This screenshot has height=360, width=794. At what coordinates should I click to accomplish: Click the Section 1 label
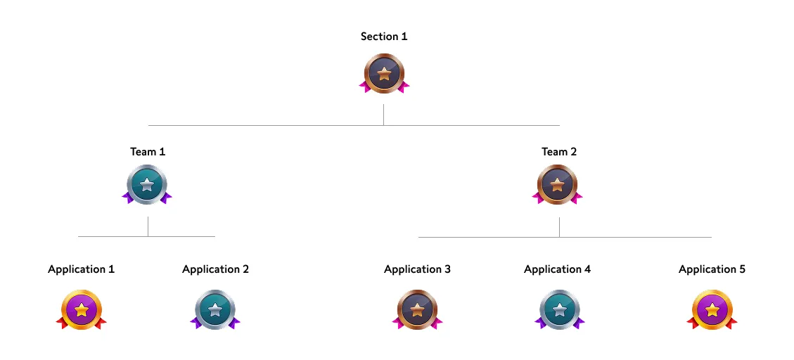tap(383, 37)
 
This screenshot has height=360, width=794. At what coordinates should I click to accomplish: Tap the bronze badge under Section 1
tap(384, 74)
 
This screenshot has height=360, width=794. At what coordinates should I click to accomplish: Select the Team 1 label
tap(148, 152)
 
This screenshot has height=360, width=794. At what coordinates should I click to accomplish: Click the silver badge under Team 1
tap(147, 185)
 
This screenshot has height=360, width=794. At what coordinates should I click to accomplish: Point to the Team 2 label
tap(559, 152)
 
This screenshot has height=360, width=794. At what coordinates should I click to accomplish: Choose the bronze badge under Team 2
tap(557, 185)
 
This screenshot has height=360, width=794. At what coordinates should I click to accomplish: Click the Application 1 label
tap(81, 269)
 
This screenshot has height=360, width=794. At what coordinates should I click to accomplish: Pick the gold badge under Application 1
tap(82, 309)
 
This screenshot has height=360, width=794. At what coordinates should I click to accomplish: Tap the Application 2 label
tap(215, 269)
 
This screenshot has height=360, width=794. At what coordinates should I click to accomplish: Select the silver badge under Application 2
tap(215, 309)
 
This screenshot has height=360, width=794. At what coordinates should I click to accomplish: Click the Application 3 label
tap(417, 269)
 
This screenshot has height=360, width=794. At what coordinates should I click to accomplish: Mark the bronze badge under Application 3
tap(417, 309)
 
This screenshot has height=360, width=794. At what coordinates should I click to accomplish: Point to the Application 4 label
tap(557, 269)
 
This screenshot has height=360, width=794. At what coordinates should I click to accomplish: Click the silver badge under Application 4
tap(560, 309)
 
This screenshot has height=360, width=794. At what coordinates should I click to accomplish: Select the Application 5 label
tap(712, 269)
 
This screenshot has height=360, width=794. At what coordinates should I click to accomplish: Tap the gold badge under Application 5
tap(712, 309)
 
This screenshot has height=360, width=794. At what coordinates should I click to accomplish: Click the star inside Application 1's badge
tap(82, 309)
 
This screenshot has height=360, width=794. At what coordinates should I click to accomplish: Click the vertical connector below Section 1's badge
tap(383, 115)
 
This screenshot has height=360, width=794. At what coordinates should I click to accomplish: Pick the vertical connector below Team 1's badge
tap(148, 226)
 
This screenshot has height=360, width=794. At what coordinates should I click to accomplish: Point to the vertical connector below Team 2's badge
tap(559, 227)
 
